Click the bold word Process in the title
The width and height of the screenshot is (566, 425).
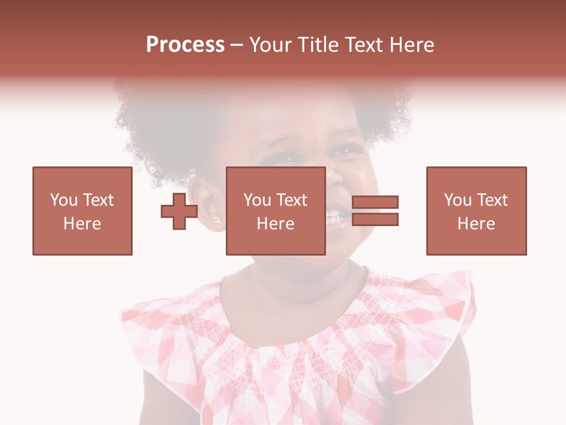[185, 45]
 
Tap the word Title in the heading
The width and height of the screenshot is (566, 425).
[316, 45]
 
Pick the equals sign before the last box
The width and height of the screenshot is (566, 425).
[375, 211]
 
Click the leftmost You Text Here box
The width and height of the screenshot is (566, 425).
[83, 211]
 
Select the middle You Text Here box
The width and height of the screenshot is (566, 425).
[275, 211]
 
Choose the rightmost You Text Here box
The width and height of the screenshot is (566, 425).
[476, 211]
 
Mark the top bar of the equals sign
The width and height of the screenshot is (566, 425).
[375, 202]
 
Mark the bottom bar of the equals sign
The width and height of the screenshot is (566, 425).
[375, 219]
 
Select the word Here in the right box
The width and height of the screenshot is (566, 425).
[476, 224]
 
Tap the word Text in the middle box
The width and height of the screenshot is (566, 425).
[292, 200]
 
